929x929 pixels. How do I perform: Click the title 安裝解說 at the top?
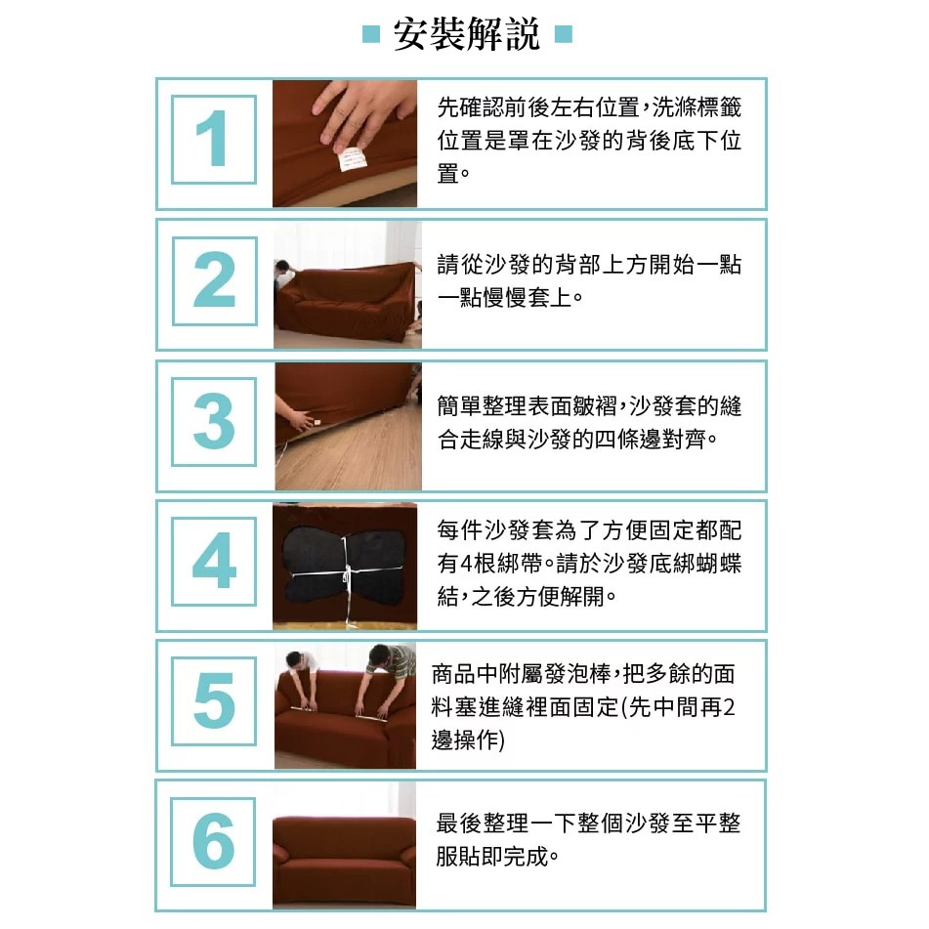[466, 34]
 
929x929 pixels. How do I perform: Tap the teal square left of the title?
[371, 34]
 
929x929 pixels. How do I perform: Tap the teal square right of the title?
[564, 34]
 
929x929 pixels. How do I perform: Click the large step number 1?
[212, 140]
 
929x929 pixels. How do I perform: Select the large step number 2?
[215, 279]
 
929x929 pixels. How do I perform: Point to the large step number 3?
[214, 421]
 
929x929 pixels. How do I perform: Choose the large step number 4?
[215, 561]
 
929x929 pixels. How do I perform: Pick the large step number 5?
[215, 700]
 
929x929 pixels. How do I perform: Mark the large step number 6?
[214, 841]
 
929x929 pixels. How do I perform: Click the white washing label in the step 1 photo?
[352, 159]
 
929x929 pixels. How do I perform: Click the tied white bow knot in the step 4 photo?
[347, 572]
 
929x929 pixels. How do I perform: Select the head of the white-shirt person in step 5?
[294, 658]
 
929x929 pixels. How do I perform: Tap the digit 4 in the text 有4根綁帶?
[466, 564]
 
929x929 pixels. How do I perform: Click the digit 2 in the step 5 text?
[729, 707]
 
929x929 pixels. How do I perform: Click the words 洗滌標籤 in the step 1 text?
[697, 107]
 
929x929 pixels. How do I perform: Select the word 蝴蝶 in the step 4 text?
[719, 564]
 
